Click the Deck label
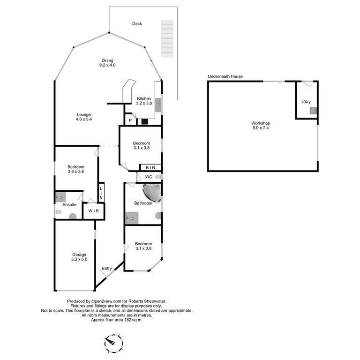(137, 23)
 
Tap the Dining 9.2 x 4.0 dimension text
(107, 65)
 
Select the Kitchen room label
(144, 98)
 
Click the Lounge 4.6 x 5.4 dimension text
(84, 119)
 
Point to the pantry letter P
(130, 120)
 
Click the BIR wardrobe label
(150, 168)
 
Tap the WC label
(149, 177)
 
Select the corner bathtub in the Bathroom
(152, 193)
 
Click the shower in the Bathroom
(132, 218)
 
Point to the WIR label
(94, 211)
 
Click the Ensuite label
(69, 204)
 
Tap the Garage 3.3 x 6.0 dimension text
(79, 259)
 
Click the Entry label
(107, 269)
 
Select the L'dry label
(306, 101)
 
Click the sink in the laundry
(313, 111)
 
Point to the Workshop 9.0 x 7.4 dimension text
(261, 128)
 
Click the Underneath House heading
(225, 76)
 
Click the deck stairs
(167, 39)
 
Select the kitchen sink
(157, 105)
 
